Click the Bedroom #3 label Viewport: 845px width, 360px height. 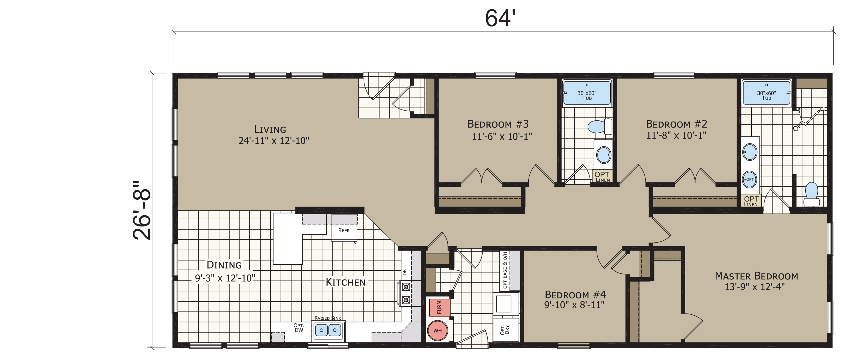[x=498, y=124]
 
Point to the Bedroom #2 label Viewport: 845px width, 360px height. [x=676, y=124]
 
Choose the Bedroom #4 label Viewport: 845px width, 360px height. [x=575, y=294]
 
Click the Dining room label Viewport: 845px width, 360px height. [x=224, y=265]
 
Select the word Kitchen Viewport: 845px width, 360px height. [x=345, y=282]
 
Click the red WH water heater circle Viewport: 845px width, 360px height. [x=438, y=330]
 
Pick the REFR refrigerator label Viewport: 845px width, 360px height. [x=344, y=230]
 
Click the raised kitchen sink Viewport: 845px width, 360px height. [x=328, y=330]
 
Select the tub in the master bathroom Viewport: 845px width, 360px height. [x=766, y=93]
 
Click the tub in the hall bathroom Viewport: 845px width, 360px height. [x=587, y=93]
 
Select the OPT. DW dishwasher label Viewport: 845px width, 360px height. [x=298, y=328]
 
